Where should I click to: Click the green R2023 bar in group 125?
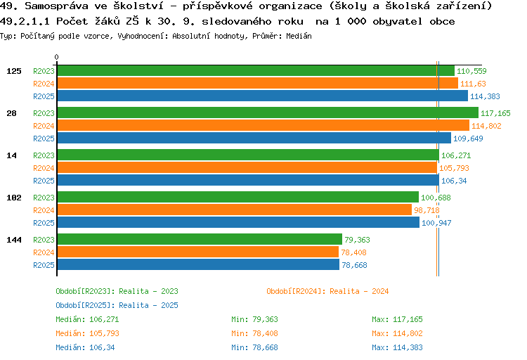coord(255,71)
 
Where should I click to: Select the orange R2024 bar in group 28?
coord(262,126)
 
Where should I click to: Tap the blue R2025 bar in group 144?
coord(197,265)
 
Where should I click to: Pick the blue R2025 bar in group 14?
coord(247,181)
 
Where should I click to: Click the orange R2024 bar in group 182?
coord(234,210)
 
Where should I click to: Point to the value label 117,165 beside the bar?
coord(495,113)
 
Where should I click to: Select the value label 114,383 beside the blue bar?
coord(485,96)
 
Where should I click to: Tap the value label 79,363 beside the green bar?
coord(357,240)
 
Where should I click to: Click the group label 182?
coord(14,198)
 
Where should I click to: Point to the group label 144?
coord(14,240)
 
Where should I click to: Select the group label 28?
coord(12,113)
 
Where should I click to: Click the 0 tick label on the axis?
coord(57,57)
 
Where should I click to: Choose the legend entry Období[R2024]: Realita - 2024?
coord(327,291)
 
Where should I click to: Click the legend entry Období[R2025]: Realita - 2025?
coord(117,305)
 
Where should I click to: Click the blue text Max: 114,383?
coord(397,347)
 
